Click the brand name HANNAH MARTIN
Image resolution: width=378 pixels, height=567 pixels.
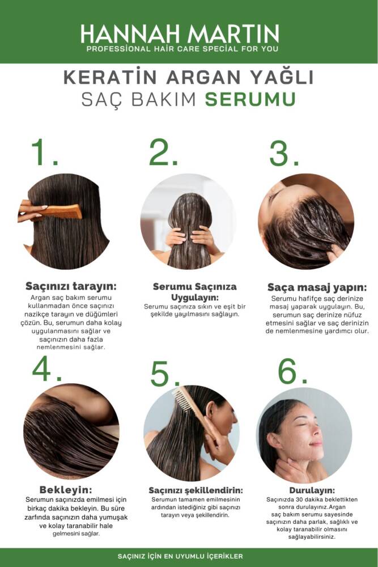click(180, 34)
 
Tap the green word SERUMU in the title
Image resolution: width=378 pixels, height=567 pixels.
click(250, 99)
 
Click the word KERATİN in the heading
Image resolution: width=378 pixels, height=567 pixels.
click(110, 77)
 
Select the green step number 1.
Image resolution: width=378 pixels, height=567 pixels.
click(44, 152)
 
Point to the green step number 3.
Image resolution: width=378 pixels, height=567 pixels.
click(284, 153)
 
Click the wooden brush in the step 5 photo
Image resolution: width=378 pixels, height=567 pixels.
click(193, 412)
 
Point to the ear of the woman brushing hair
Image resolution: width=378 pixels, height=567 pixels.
click(211, 410)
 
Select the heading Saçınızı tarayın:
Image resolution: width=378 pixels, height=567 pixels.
click(71, 286)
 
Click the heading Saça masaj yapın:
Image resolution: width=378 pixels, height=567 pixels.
click(317, 287)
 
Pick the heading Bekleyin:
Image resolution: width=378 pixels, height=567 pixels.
click(66, 490)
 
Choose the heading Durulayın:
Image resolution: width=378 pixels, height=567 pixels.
click(312, 490)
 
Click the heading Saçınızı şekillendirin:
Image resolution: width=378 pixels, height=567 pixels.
click(196, 490)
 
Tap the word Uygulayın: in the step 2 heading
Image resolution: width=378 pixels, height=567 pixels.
click(195, 298)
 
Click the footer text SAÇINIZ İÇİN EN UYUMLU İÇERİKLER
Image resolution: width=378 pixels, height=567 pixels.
click(180, 556)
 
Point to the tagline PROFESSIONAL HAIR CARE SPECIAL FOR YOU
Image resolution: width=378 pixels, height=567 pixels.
click(182, 49)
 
